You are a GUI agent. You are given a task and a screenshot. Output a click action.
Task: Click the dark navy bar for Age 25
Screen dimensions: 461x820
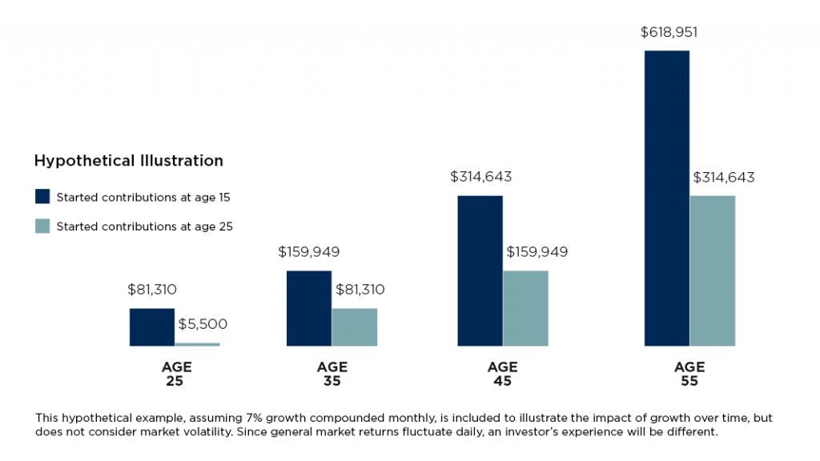pos(152,327)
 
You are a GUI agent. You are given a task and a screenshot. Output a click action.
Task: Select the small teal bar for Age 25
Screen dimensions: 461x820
pos(197,344)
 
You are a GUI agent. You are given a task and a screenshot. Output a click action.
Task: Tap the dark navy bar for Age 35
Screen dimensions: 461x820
pos(308,308)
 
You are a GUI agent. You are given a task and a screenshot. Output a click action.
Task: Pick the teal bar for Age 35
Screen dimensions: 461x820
pos(354,327)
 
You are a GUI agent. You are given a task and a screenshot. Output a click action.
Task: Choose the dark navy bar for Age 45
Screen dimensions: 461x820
pos(480,271)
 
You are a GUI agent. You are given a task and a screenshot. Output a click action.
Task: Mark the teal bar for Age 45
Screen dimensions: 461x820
pos(525,308)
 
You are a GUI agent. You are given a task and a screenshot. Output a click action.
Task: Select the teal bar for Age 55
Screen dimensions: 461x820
pos(712,271)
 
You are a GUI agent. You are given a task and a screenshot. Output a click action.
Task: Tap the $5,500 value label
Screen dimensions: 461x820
pos(203,324)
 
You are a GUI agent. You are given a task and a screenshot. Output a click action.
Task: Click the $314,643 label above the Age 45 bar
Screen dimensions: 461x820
pos(480,177)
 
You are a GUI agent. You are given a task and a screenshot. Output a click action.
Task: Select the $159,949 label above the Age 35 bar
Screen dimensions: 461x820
pos(309,252)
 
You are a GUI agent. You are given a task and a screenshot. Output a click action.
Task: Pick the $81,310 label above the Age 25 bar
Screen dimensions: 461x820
pos(152,290)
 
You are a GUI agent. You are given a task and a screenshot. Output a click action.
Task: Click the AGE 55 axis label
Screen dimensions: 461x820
pos(689,374)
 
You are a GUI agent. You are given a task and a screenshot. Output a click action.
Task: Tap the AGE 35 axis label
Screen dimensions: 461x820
pos(332,374)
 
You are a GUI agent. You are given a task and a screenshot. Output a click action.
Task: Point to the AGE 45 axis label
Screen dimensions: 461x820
pos(502,374)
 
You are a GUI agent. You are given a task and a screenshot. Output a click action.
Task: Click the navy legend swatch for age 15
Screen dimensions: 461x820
pos(42,197)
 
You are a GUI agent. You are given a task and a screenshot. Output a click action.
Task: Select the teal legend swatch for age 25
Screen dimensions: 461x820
pos(42,226)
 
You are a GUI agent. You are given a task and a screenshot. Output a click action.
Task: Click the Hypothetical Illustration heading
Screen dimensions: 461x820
pos(128,161)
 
